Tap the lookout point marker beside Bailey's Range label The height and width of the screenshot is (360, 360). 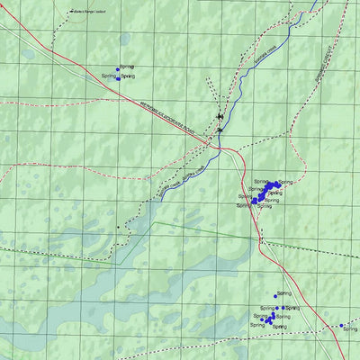click(x=72, y=13)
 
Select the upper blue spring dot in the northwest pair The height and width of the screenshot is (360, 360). click(x=119, y=67)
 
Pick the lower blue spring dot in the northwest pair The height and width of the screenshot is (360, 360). click(x=118, y=77)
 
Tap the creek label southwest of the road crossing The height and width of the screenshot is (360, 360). click(x=178, y=179)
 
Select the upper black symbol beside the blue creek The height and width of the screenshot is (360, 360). click(x=220, y=116)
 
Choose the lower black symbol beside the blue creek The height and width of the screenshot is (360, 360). click(x=220, y=130)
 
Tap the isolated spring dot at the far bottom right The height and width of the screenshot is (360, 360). click(x=341, y=325)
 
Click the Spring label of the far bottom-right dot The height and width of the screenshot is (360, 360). click(x=351, y=330)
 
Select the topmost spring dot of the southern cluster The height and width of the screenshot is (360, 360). click(x=275, y=296)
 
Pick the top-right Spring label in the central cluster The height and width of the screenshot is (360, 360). click(x=285, y=183)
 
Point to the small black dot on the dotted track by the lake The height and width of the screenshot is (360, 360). click(x=117, y=229)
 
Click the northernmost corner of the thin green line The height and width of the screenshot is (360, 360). click(x=154, y=222)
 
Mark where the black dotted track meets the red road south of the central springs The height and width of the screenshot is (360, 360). click(x=261, y=238)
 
